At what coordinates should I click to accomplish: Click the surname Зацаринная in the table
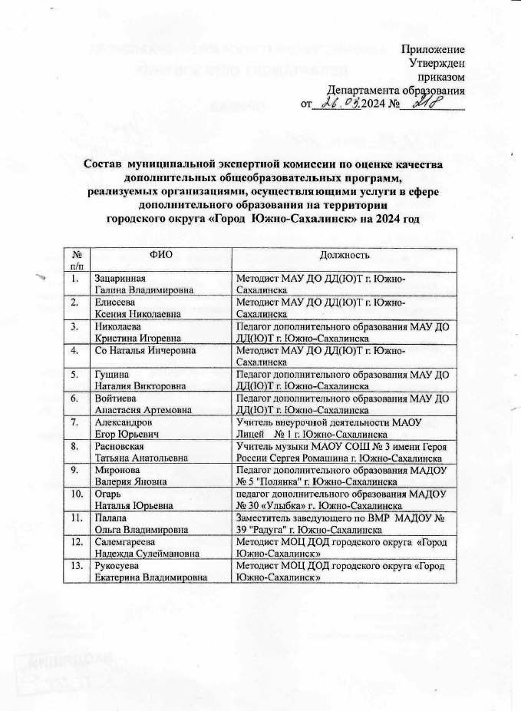click(x=119, y=277)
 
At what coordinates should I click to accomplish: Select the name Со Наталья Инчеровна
click(x=143, y=351)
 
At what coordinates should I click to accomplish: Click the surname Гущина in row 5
click(x=110, y=373)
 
